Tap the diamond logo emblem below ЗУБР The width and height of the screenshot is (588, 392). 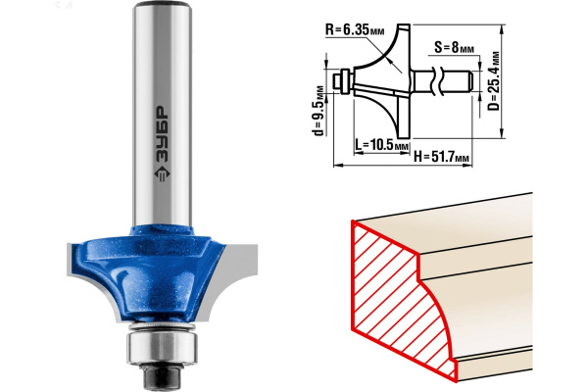pos(162,173)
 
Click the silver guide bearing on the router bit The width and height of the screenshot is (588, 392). pos(162,346)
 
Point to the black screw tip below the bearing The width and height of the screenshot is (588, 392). pos(163,377)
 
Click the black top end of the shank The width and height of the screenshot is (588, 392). pos(163,5)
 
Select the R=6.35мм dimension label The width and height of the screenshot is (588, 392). pos(355,29)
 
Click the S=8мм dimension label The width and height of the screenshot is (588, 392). pos(454,48)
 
